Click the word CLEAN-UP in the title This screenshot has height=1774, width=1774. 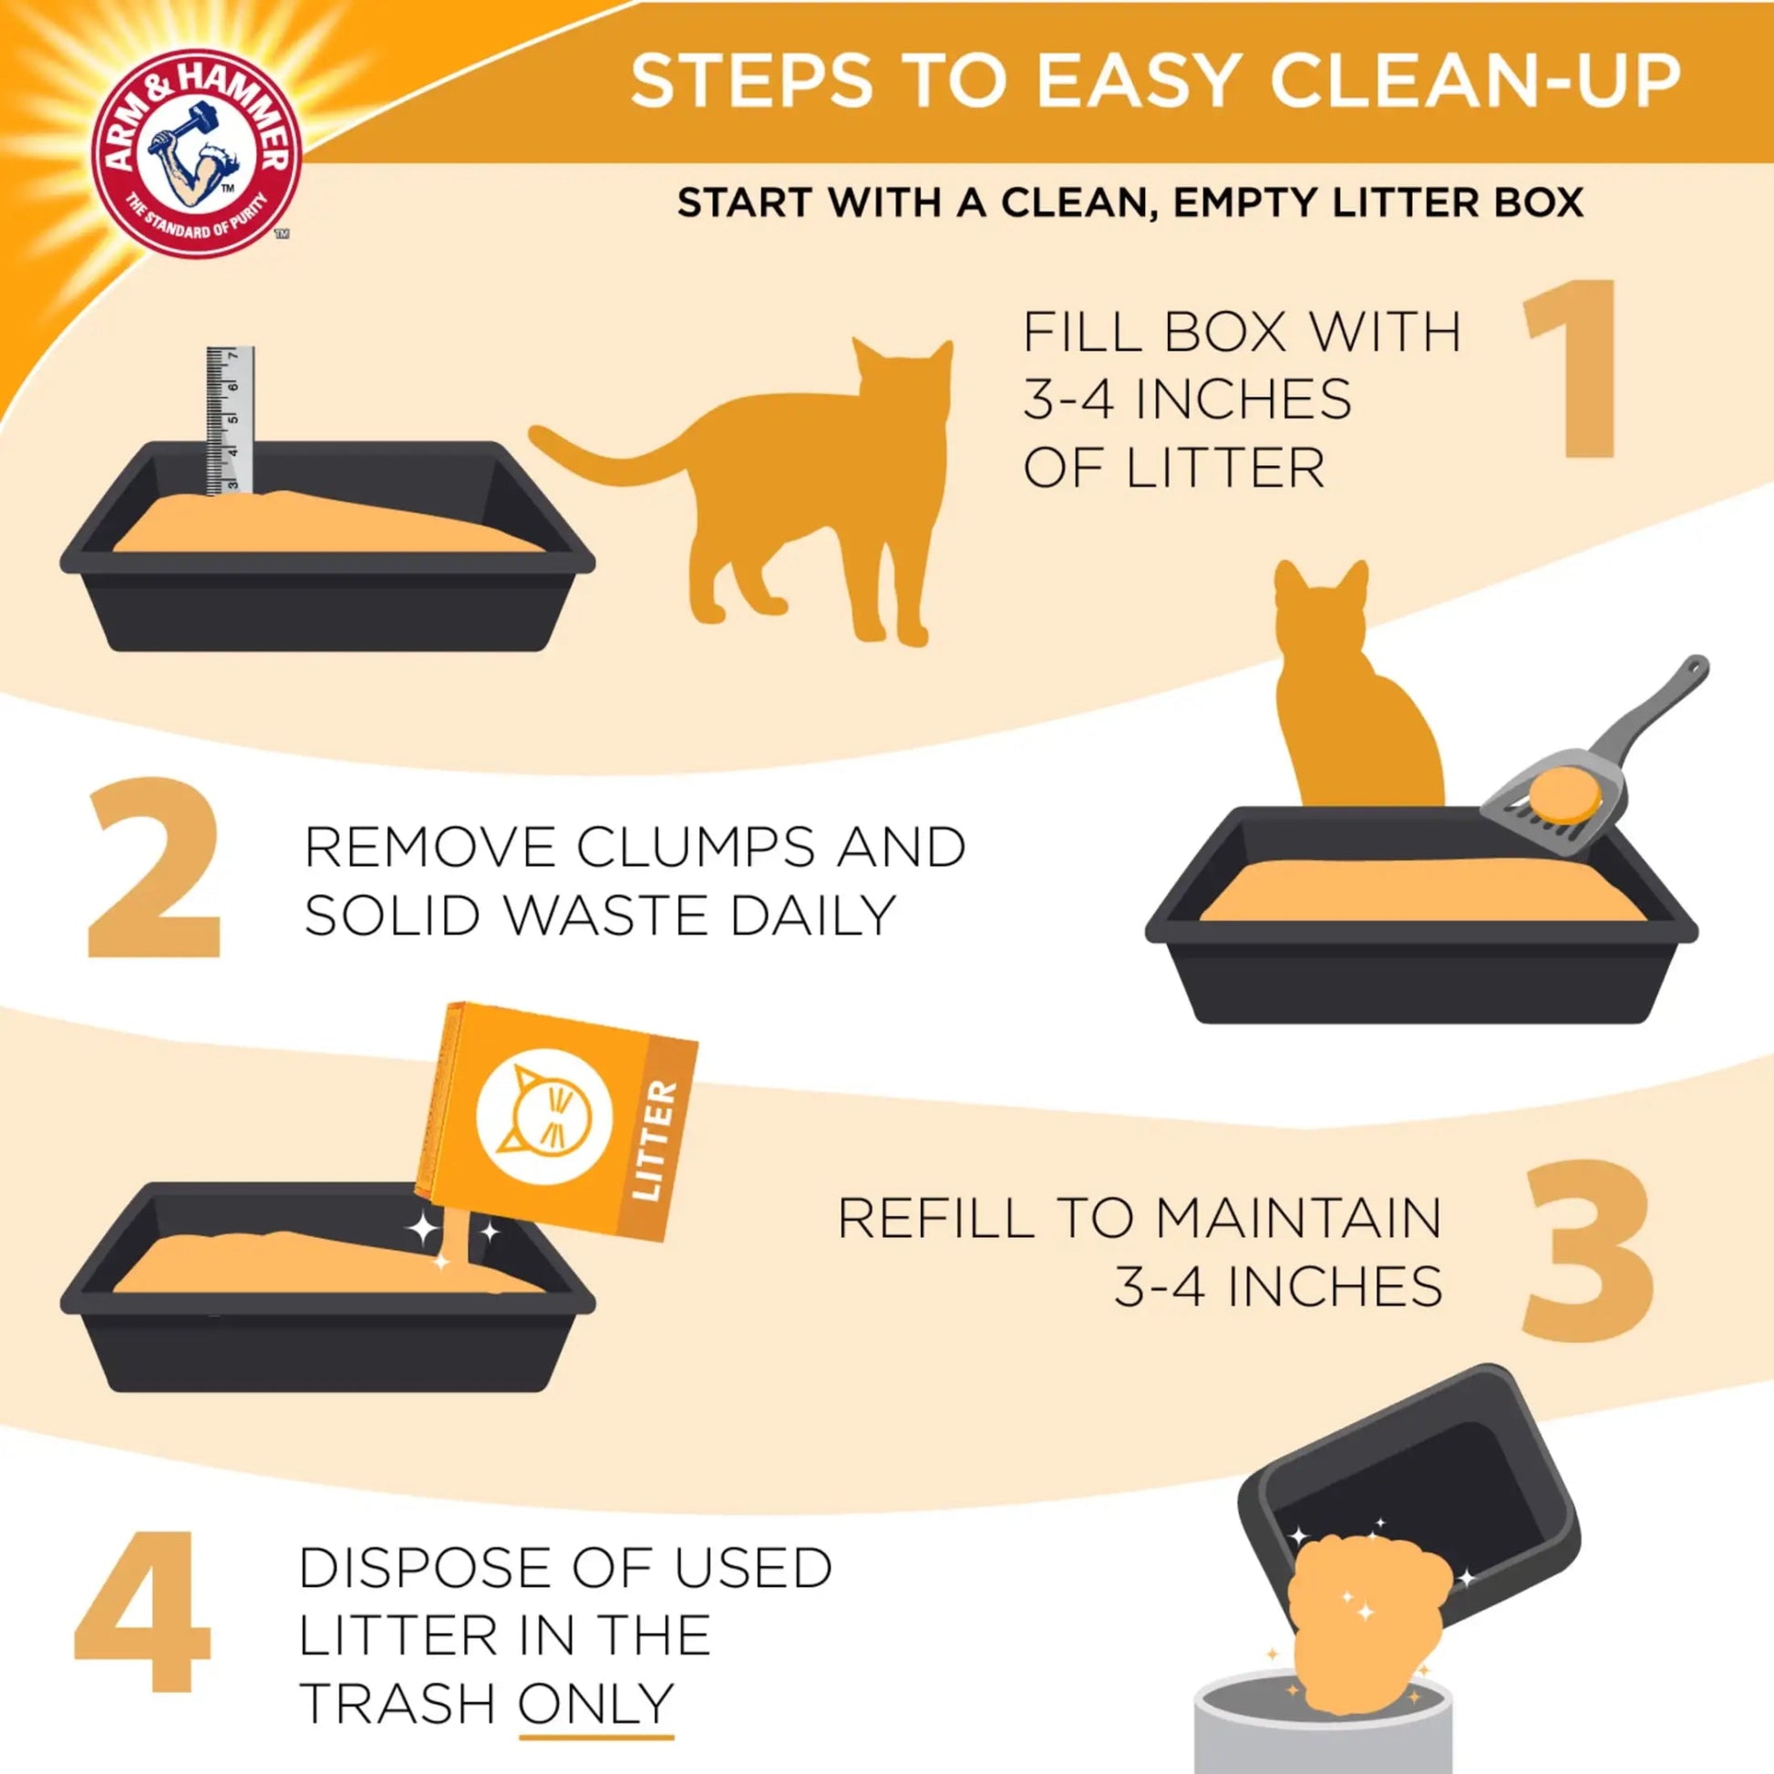pyautogui.click(x=1475, y=81)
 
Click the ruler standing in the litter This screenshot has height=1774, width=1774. pyautogui.click(x=229, y=418)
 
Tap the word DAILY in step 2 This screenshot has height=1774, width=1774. pyautogui.click(x=811, y=915)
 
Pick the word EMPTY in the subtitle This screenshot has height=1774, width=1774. pyautogui.click(x=1247, y=202)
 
